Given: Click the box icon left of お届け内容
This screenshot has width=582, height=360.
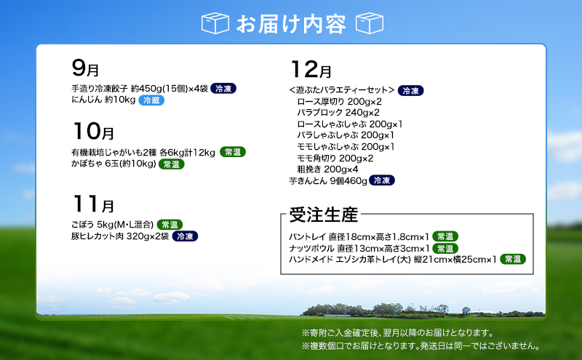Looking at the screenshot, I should point(215,23).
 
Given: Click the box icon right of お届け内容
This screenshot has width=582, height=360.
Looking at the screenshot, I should point(369,23).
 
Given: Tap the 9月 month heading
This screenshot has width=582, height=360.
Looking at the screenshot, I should point(85,69).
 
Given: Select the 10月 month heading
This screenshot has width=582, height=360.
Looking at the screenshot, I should point(93,132).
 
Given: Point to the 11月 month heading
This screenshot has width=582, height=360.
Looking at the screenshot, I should point(93,204).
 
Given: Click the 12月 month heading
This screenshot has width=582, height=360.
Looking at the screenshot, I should point(311,70).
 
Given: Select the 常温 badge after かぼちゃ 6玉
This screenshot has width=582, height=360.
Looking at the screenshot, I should point(172,164).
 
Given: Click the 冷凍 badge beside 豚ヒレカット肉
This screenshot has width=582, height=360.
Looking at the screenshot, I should point(185,236).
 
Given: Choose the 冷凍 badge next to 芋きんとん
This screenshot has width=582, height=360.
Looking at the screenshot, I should point(382,180).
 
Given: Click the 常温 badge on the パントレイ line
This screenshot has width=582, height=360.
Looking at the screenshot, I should point(446,236).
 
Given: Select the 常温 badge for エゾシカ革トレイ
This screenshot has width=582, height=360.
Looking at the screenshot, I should point(514,258).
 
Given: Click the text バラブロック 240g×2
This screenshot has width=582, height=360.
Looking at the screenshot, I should point(338,113).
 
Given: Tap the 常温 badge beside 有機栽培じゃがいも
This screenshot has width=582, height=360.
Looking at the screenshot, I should point(233,152).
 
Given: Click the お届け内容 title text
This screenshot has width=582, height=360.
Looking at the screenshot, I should point(291,23).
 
